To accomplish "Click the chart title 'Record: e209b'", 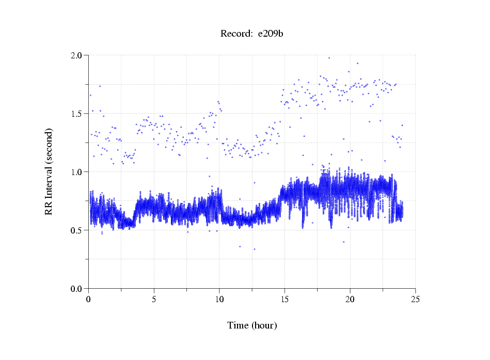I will (252, 34).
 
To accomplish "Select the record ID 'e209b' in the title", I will (271, 34).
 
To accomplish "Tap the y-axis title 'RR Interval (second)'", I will (49, 171).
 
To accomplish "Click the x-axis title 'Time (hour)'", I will (252, 325).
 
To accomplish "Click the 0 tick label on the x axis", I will (89, 299).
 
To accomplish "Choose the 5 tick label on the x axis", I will (154, 299).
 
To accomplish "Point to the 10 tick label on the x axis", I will (219, 299).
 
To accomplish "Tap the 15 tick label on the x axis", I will (284, 299).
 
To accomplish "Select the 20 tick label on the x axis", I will (350, 299).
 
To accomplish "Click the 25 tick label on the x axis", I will (415, 299).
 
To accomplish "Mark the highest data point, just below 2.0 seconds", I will (329, 58).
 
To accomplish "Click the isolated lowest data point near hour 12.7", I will (254, 249).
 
